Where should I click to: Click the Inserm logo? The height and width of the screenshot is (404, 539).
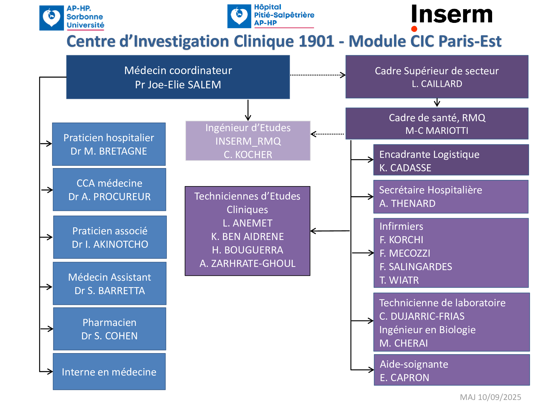(452, 15)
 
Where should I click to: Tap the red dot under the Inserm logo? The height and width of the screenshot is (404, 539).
(414, 29)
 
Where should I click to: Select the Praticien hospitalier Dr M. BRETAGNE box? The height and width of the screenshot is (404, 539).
(109, 144)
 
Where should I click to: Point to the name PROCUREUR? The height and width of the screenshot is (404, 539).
(122, 197)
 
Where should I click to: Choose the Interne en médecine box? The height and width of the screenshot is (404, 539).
(109, 372)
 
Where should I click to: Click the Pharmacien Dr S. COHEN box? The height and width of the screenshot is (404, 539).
(109, 329)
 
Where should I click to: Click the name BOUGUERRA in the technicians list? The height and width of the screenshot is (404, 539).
(254, 250)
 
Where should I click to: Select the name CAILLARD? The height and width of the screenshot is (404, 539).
(441, 84)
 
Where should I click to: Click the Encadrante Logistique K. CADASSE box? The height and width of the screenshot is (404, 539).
(451, 160)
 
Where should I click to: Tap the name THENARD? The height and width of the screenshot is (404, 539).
(413, 204)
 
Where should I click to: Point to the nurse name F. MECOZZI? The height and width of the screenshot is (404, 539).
(405, 253)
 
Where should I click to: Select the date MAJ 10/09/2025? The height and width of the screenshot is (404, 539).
(490, 397)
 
